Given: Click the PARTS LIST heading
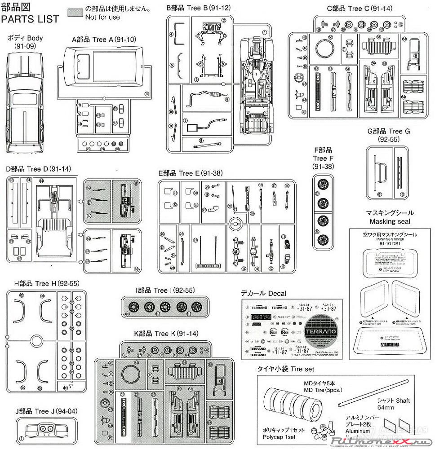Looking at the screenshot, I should tap(30, 19).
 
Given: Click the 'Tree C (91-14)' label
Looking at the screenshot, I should tap(360, 8).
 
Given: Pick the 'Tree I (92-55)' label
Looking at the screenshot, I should tap(165, 290).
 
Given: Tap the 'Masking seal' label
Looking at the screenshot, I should tap(390, 221).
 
